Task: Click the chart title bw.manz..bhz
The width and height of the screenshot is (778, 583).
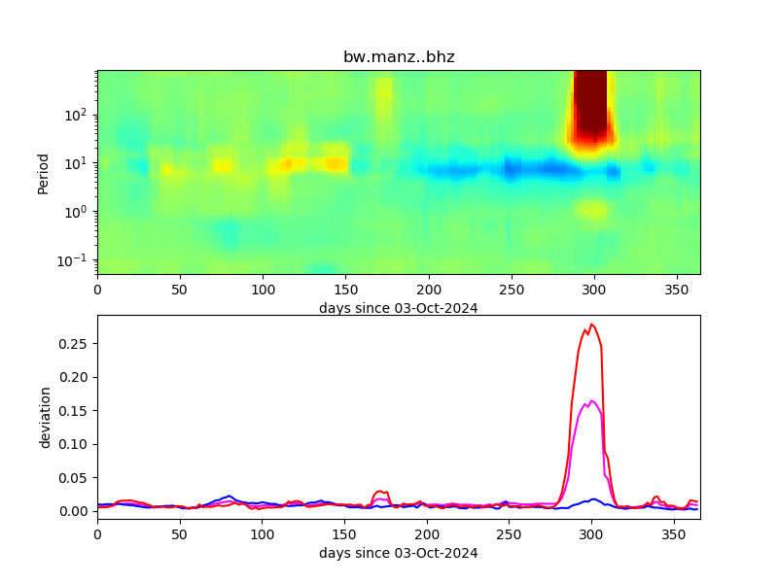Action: coord(399,57)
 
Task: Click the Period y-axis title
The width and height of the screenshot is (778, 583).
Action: coord(43,172)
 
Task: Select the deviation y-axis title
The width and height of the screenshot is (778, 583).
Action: coord(44,417)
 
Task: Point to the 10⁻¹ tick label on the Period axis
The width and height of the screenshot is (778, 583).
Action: coord(76,259)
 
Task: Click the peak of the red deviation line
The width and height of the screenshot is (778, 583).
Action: coord(591,325)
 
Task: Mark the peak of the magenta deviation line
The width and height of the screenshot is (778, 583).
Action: coord(591,400)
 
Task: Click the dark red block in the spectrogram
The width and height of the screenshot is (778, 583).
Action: coord(590,107)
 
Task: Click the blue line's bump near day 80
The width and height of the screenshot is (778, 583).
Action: coord(230,496)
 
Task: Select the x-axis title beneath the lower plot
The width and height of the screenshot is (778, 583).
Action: coord(399,553)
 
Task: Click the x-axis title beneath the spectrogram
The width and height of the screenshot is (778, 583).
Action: coord(399,308)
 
